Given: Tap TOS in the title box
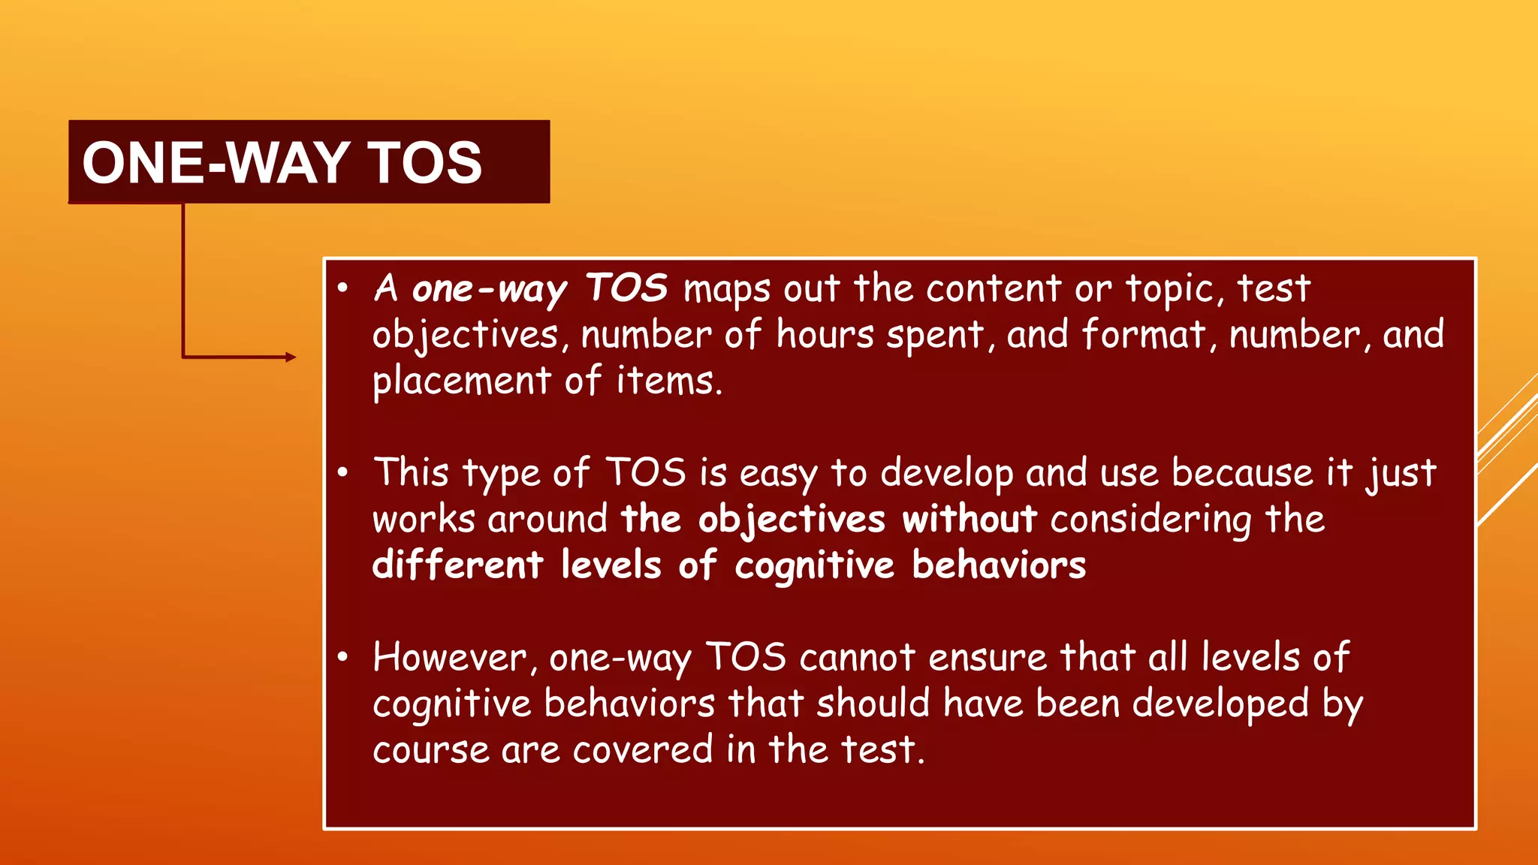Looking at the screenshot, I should (424, 163).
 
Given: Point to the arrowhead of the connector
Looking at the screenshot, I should (291, 357).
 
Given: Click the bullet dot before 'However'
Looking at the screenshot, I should (343, 658).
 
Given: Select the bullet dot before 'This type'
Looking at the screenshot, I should (343, 473).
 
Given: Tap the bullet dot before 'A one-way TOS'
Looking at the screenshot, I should (343, 288).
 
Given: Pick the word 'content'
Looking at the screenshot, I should (994, 288).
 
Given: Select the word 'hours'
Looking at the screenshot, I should (825, 334).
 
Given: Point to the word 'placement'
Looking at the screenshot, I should (462, 381).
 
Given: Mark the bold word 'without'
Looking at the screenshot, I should (970, 520).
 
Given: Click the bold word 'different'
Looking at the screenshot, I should (457, 565).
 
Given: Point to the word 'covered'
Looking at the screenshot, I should (642, 749).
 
